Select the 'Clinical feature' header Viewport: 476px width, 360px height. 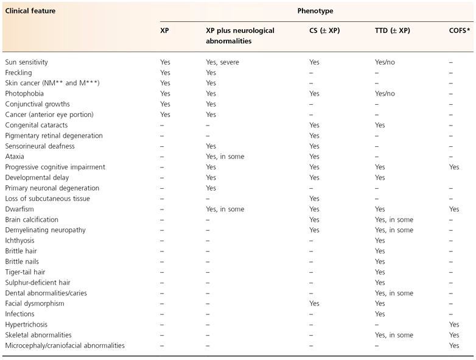pyautogui.click(x=30, y=11)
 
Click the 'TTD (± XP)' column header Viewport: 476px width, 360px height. pyautogui.click(x=394, y=30)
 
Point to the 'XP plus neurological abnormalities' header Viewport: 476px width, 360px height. pyautogui.click(x=240, y=35)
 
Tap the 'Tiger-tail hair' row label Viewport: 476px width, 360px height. pyautogui.click(x=26, y=272)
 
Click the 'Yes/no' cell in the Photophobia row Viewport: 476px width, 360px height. pyautogui.click(x=385, y=93)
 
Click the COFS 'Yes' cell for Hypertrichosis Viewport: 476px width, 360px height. pyautogui.click(x=454, y=324)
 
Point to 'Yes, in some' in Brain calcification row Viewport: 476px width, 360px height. pyautogui.click(x=394, y=219)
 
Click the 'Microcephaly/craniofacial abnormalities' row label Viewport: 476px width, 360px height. pyautogui.click(x=65, y=345)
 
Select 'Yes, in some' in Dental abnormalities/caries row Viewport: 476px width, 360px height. pyautogui.click(x=394, y=293)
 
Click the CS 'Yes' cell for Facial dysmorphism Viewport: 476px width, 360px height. pyautogui.click(x=314, y=303)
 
